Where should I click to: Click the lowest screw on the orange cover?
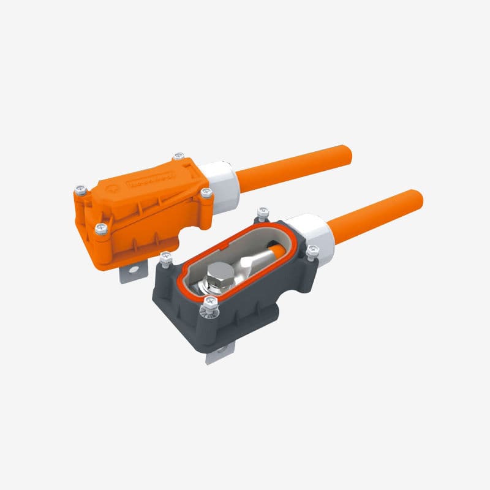[101, 228]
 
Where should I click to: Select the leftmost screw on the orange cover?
[79, 190]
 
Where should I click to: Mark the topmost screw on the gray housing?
[263, 212]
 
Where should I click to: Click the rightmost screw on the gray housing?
[313, 251]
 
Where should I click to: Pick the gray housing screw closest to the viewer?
[211, 301]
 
